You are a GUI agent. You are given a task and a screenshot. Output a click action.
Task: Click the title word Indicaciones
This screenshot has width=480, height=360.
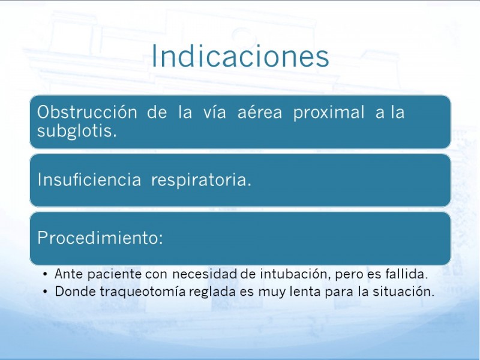pyautogui.click(x=241, y=56)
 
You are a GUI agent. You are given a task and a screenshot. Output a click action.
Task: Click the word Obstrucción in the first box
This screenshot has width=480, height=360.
pyautogui.click(x=87, y=112)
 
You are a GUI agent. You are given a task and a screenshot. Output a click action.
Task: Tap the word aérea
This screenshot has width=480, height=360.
pyautogui.click(x=260, y=112)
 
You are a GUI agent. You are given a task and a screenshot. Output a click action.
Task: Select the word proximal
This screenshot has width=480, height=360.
pyautogui.click(x=329, y=112)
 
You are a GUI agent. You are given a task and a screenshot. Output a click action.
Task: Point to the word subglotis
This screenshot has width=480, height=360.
pyautogui.click(x=77, y=131)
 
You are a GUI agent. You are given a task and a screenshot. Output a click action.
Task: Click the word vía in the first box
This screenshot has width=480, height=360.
pyautogui.click(x=215, y=112)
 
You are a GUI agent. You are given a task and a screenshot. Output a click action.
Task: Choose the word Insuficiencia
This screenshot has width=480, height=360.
pyautogui.click(x=89, y=179)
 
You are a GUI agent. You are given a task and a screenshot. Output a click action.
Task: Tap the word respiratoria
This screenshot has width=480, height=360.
pyautogui.click(x=201, y=179)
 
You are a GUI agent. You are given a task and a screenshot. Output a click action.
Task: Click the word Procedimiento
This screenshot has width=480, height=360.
pyautogui.click(x=100, y=237)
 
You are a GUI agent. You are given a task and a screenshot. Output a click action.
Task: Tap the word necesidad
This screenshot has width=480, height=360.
pyautogui.click(x=205, y=274)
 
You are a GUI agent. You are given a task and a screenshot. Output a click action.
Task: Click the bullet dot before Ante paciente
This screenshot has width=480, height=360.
pyautogui.click(x=46, y=274)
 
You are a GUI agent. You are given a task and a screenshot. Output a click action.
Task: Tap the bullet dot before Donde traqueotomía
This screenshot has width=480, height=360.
pyautogui.click(x=46, y=292)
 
